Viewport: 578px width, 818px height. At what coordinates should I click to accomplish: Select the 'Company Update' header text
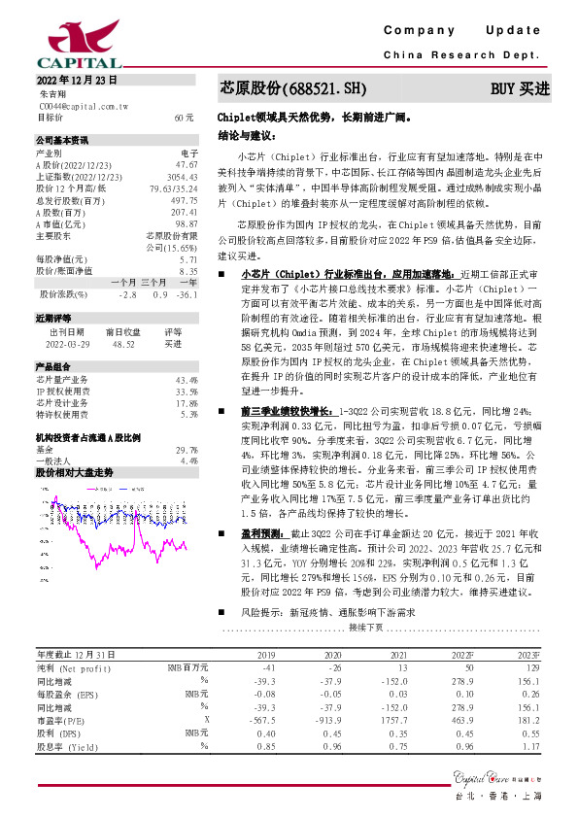tap(462, 31)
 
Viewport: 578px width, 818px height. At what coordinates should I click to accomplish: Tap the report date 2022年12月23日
tap(77, 80)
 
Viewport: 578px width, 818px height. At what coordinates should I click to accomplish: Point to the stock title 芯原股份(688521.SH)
tap(294, 88)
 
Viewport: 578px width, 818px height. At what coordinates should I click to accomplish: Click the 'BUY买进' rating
tap(520, 88)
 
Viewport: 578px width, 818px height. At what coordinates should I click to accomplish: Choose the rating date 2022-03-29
tap(68, 344)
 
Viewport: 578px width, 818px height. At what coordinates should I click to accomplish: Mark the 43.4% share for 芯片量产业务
tap(187, 379)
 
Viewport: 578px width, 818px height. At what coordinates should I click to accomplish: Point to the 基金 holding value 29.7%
tap(187, 450)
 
